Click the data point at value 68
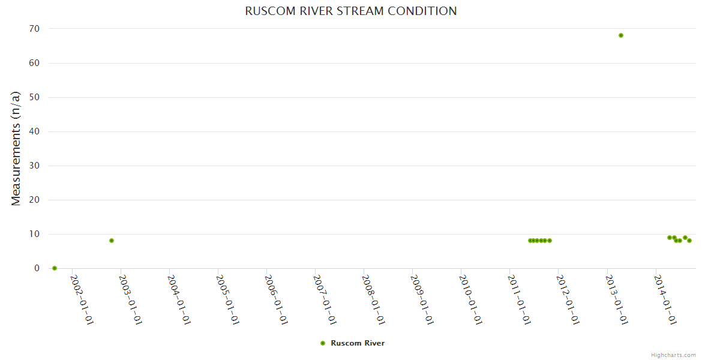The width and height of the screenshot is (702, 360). [x=621, y=35]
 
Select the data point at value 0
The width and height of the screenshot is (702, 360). [x=55, y=268]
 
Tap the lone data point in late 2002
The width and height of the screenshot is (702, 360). [x=112, y=241]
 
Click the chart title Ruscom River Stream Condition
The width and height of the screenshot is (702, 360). [x=351, y=11]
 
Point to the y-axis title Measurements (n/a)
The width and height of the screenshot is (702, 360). [x=16, y=149]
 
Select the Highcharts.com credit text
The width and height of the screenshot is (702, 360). [x=673, y=355]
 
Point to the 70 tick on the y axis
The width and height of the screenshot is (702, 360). [x=34, y=29]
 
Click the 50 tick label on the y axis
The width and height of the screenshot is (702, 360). [x=34, y=97]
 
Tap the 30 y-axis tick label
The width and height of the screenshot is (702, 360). [x=34, y=166]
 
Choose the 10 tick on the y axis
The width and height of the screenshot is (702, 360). [x=34, y=234]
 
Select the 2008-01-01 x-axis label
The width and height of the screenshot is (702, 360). [x=374, y=299]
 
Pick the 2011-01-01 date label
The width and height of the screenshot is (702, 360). [x=520, y=299]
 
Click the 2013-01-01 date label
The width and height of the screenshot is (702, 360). [x=617, y=299]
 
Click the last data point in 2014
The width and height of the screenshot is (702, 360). [x=689, y=241]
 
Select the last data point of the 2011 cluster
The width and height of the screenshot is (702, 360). [x=550, y=241]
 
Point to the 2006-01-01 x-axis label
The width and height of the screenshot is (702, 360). [x=276, y=299]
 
